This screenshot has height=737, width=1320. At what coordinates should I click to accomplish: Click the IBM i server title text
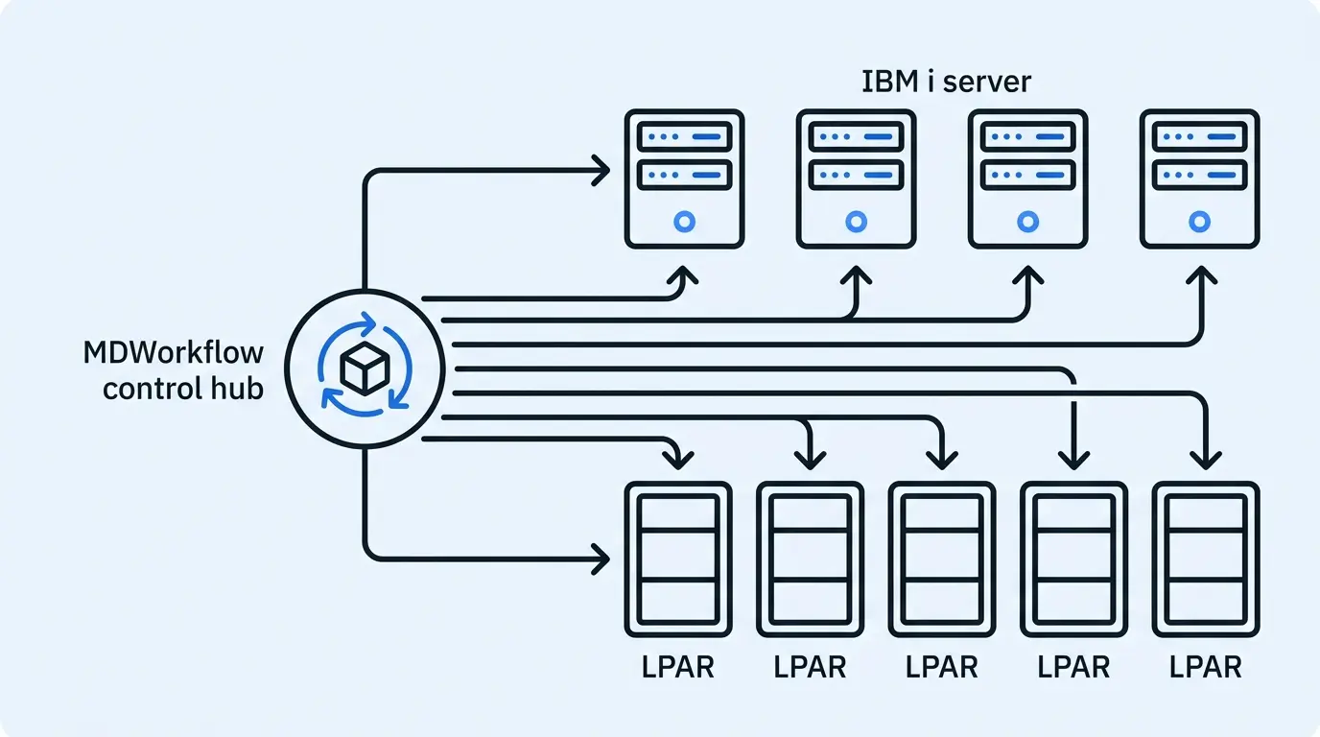(947, 81)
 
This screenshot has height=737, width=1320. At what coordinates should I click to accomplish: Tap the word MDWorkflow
(173, 352)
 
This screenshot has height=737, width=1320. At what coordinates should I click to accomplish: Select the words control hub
(182, 389)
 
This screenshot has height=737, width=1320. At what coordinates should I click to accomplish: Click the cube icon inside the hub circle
(364, 368)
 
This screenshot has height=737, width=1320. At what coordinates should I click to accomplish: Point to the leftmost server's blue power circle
(684, 222)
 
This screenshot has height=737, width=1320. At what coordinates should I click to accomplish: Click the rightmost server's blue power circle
(1199, 222)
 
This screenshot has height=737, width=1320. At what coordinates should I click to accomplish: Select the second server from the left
(856, 179)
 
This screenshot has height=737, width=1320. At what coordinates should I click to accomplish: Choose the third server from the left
(1027, 179)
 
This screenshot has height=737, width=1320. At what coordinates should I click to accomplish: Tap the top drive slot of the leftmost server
(684, 137)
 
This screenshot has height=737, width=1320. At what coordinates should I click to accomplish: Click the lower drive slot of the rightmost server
(1199, 175)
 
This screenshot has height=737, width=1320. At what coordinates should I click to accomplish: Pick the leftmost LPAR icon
(678, 559)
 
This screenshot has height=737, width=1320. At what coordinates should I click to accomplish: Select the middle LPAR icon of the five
(942, 559)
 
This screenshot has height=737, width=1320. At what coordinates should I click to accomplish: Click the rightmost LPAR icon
(1206, 559)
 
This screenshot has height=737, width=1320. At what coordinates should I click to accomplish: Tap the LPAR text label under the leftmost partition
(678, 666)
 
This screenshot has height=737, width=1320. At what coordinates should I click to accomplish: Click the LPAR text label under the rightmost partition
(1206, 666)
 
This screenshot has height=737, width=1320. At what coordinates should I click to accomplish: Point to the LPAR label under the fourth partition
(1074, 666)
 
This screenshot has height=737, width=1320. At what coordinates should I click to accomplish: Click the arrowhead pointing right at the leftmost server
(601, 172)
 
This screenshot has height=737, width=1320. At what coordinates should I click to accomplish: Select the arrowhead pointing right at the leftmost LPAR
(601, 558)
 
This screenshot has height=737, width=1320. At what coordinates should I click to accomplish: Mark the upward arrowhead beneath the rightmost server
(1199, 277)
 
